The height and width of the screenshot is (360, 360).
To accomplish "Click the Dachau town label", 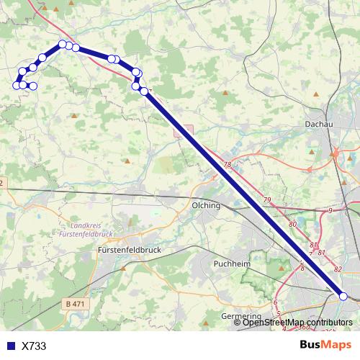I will pos(320,125).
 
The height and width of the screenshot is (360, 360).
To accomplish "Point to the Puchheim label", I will pos(231,264).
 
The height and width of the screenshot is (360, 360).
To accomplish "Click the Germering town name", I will pos(242,316).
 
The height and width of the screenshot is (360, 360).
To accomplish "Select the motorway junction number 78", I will pos(228,166).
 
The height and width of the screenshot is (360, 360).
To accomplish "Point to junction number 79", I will pos(267,199).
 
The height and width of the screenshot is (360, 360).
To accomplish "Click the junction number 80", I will pos(292,225).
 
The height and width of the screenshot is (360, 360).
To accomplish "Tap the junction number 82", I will pos(338,269).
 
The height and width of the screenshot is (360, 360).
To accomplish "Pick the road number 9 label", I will pos(330,210).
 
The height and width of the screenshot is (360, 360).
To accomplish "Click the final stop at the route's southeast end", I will pos(343,296).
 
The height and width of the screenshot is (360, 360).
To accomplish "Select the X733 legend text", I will pos(34,346).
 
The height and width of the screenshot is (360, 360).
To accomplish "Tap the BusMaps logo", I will pos(325,345).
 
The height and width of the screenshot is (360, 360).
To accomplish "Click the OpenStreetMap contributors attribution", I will pos(297,323).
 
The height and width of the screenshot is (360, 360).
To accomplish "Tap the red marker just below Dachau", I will pos(336,153).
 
